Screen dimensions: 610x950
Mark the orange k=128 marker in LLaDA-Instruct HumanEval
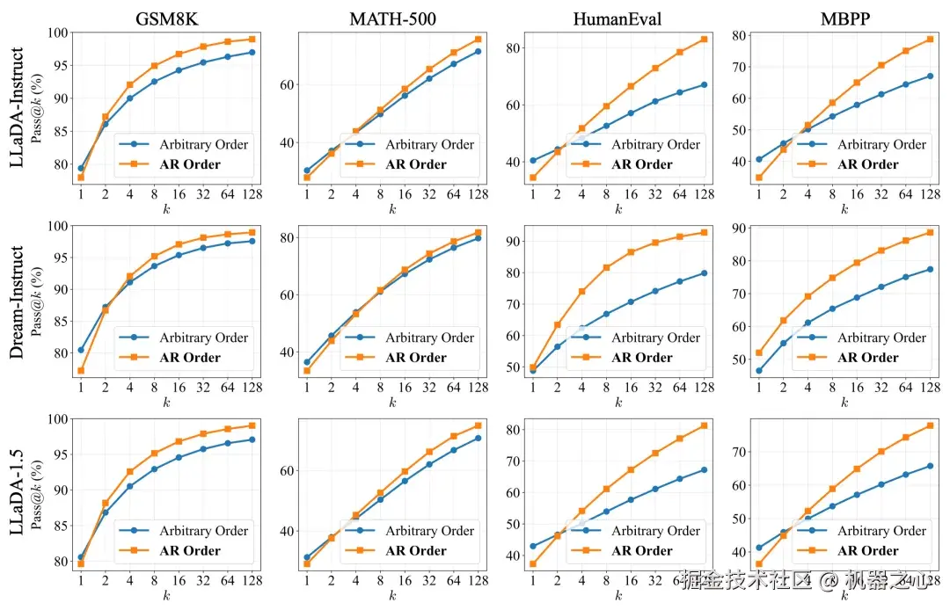click(704, 39)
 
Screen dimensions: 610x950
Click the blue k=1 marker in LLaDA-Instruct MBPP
click(759, 159)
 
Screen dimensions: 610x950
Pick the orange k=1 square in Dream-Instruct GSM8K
click(81, 371)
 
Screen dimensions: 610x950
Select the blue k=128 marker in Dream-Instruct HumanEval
click(704, 272)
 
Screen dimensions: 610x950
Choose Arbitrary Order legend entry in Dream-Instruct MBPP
click(881, 338)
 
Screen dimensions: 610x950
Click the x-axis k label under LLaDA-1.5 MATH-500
click(392, 596)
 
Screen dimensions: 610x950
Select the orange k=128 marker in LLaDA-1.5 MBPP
click(930, 425)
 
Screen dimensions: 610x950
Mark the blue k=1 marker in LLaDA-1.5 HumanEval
click(533, 546)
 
